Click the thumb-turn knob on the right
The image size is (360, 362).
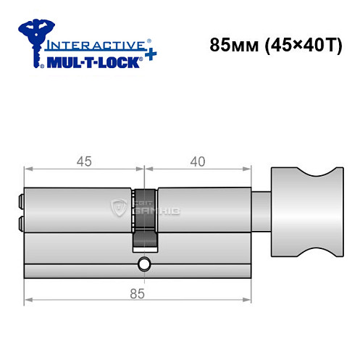(304, 211)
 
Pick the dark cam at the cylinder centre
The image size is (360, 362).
(144, 217)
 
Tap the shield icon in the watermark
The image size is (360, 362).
(118, 209)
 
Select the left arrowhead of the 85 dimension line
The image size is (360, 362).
(28, 299)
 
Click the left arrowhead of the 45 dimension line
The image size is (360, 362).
(28, 168)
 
